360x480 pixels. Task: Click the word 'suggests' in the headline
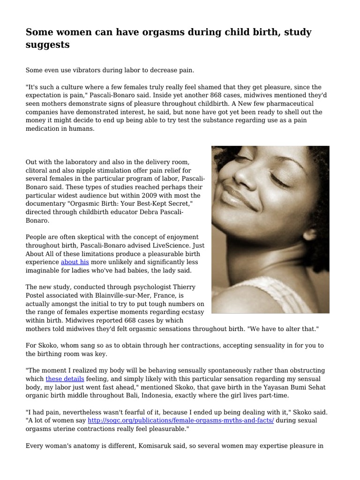pos(48,45)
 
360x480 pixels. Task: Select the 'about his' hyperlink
pos(75,262)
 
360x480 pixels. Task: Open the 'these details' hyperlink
pos(65,378)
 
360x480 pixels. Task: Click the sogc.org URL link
pos(180,421)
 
